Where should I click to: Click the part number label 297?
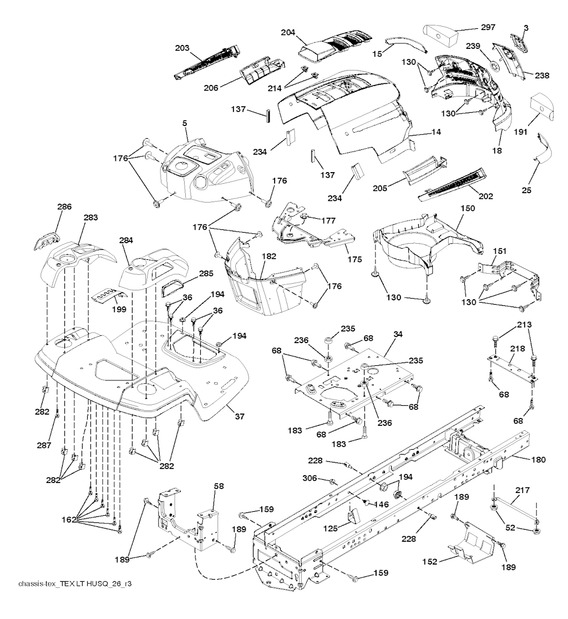[x=489, y=27]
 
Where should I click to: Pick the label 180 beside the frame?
[x=538, y=459]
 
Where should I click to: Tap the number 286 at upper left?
[x=64, y=207]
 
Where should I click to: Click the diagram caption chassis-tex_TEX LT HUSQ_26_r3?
[x=75, y=584]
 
